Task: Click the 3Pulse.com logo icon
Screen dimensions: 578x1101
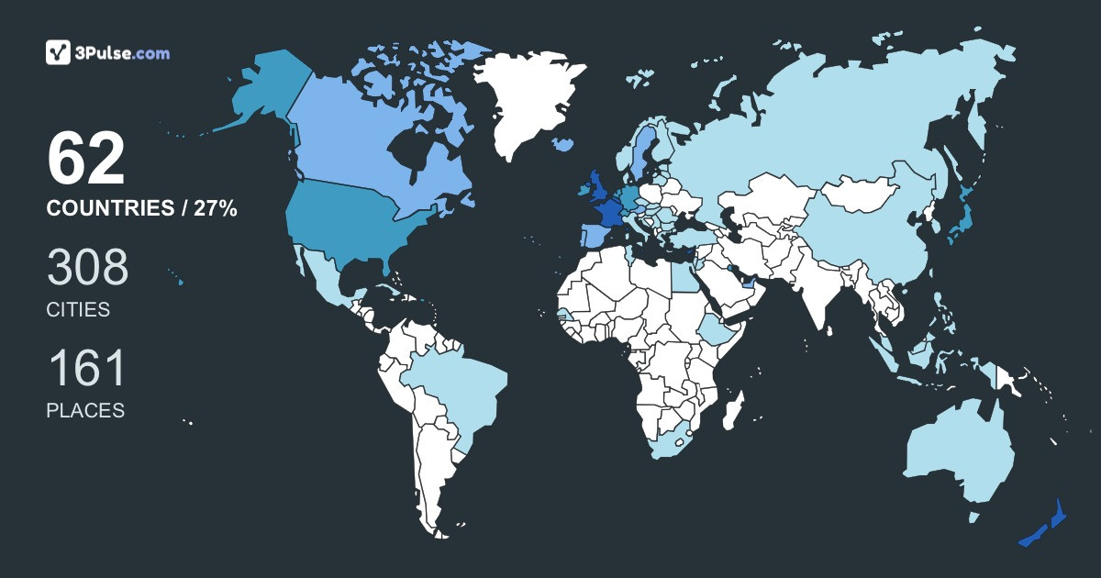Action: (x=58, y=53)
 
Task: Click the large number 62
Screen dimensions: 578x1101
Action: (x=85, y=161)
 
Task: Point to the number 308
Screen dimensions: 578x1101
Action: (x=87, y=268)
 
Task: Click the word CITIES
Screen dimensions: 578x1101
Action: (x=78, y=310)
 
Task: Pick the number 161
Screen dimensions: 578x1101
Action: (x=85, y=369)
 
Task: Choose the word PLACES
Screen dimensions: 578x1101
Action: (x=85, y=411)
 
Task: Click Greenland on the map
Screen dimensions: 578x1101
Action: (x=529, y=101)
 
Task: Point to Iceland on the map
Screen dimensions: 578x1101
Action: (x=562, y=145)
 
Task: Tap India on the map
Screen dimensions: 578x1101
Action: (x=817, y=289)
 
